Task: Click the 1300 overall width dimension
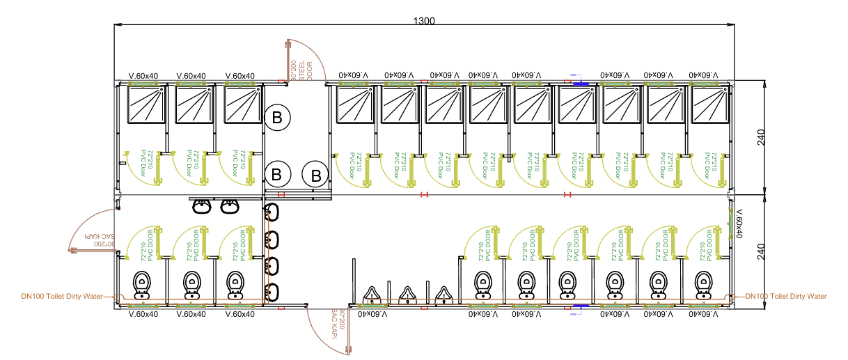pyautogui.click(x=423, y=20)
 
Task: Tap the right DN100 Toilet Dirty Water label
pyautogui.click(x=786, y=297)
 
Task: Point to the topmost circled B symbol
pyautogui.click(x=276, y=119)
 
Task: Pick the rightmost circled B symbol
pyautogui.click(x=317, y=174)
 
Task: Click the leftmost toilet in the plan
pyautogui.click(x=142, y=283)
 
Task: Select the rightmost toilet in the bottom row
pyautogui.click(x=700, y=283)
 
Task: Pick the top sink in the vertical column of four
pyautogui.click(x=272, y=212)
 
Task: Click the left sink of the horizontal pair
pyautogui.click(x=202, y=205)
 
